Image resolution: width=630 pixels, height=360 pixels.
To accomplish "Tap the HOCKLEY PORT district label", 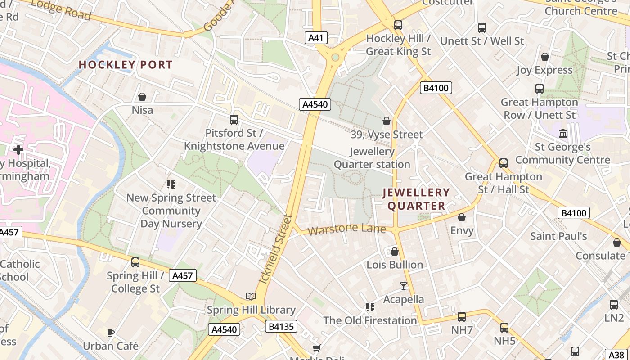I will click(126, 65).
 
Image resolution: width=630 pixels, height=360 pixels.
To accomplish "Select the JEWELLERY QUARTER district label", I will click(416, 199).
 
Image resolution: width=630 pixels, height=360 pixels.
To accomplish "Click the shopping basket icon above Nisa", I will click(142, 97).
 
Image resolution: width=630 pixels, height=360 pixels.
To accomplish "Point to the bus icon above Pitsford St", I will click(234, 120).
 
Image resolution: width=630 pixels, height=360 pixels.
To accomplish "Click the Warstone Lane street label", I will click(347, 229).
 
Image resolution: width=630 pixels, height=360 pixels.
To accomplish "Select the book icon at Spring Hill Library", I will click(251, 296).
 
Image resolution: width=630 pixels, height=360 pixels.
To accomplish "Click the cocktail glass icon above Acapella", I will click(403, 286).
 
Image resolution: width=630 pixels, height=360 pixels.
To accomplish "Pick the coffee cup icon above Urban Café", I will click(111, 333).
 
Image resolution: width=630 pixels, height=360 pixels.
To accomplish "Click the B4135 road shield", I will click(281, 326).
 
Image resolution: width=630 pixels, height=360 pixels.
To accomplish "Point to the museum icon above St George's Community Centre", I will click(562, 134).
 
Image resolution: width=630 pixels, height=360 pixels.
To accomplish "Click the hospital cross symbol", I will click(18, 149).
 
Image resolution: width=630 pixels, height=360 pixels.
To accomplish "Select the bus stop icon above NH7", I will click(462, 317).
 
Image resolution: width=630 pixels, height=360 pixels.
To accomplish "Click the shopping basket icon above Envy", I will click(462, 218).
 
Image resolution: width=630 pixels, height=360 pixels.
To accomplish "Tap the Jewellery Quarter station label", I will click(372, 158).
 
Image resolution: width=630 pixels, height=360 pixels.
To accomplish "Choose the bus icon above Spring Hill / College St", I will click(135, 262).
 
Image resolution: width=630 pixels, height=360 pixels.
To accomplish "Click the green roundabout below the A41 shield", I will click(335, 58).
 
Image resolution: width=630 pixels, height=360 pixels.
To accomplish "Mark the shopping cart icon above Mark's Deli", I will click(317, 347).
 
